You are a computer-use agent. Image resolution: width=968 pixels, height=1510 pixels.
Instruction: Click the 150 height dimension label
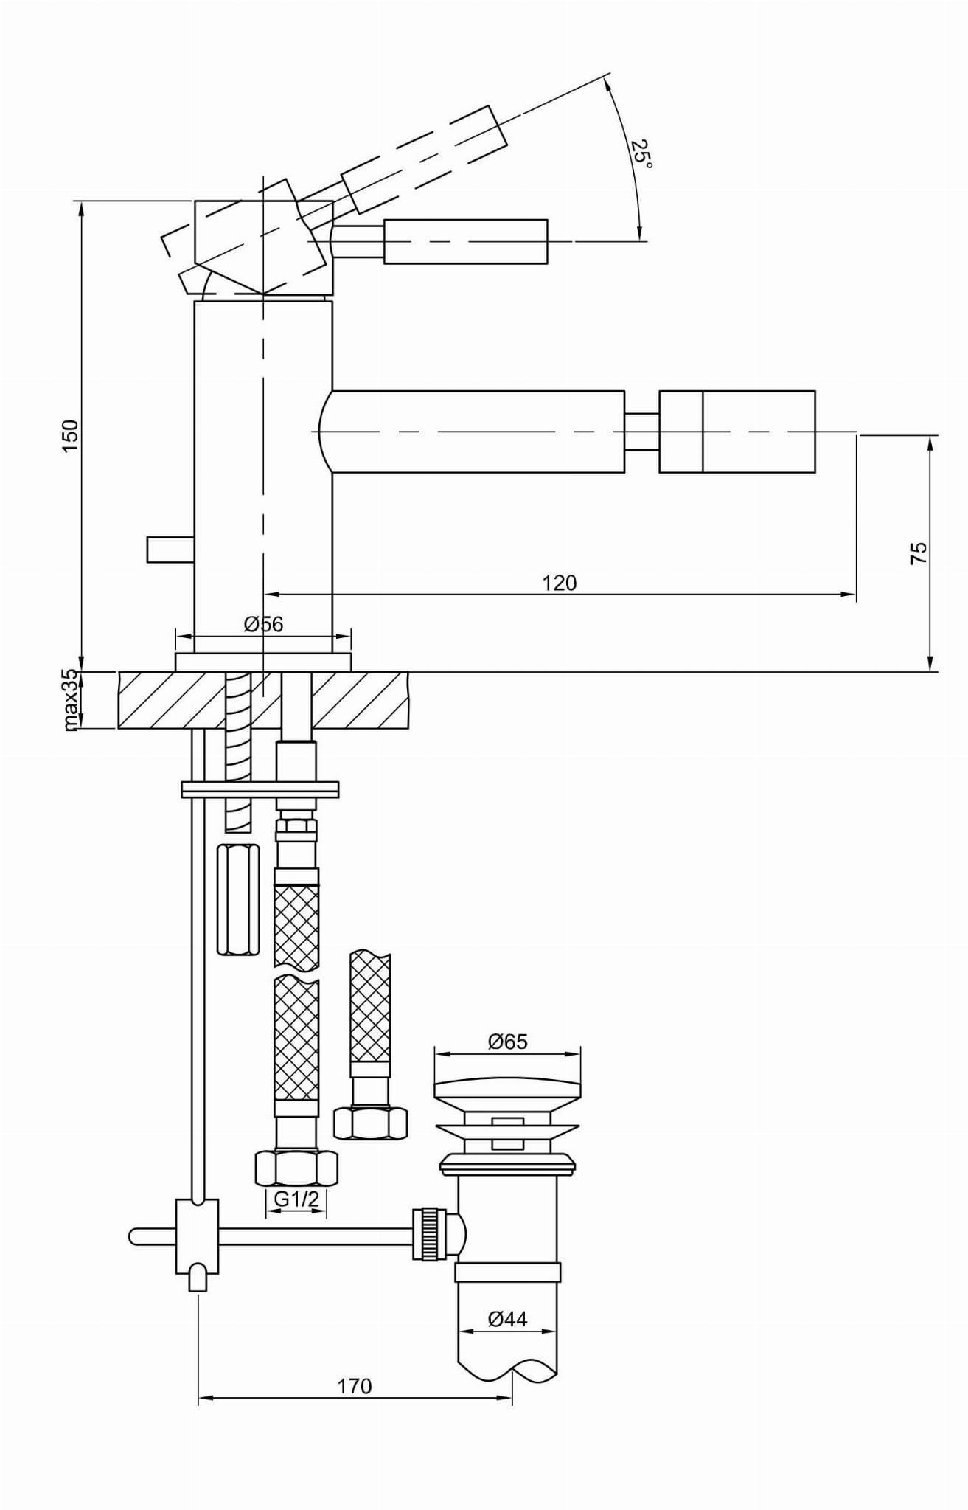coord(70,435)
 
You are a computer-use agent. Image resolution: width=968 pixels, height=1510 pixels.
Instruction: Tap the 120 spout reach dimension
coord(560,583)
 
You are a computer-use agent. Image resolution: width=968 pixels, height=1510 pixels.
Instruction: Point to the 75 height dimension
coord(919,553)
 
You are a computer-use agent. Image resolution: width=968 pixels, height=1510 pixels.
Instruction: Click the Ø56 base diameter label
coord(263,624)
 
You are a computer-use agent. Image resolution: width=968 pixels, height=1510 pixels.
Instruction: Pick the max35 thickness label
coord(70,700)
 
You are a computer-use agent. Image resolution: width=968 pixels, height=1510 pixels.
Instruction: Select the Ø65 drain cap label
coord(508,1042)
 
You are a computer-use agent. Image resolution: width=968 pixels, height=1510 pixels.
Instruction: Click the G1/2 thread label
coord(296,1199)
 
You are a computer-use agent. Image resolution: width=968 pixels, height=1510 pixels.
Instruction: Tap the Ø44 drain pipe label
coord(508,1319)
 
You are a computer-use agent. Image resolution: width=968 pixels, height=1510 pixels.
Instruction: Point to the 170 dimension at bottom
coord(355,1386)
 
